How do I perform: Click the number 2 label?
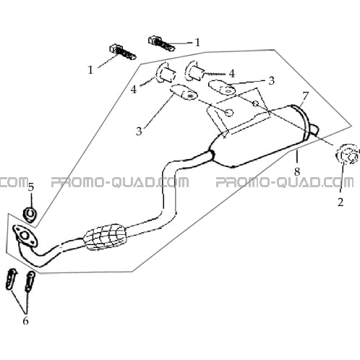coord(340,202)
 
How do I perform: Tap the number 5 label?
coord(31,187)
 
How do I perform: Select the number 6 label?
coord(25,321)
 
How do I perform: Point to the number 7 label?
coord(305,96)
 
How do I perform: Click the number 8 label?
coord(297,172)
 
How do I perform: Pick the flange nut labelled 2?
coord(347,155)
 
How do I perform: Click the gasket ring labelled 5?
coord(30,213)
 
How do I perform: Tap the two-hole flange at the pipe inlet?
coord(25,236)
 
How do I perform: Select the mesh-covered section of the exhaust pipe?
coord(105,237)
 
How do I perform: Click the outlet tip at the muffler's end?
coord(314,129)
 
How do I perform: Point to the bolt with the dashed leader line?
coord(123,52)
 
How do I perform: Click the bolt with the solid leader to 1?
coord(161,43)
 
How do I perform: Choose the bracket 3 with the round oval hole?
coord(222,87)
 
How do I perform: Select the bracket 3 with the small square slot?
coord(184,92)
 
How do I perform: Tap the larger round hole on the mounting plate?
coord(229,113)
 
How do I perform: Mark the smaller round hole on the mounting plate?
coord(256,103)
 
